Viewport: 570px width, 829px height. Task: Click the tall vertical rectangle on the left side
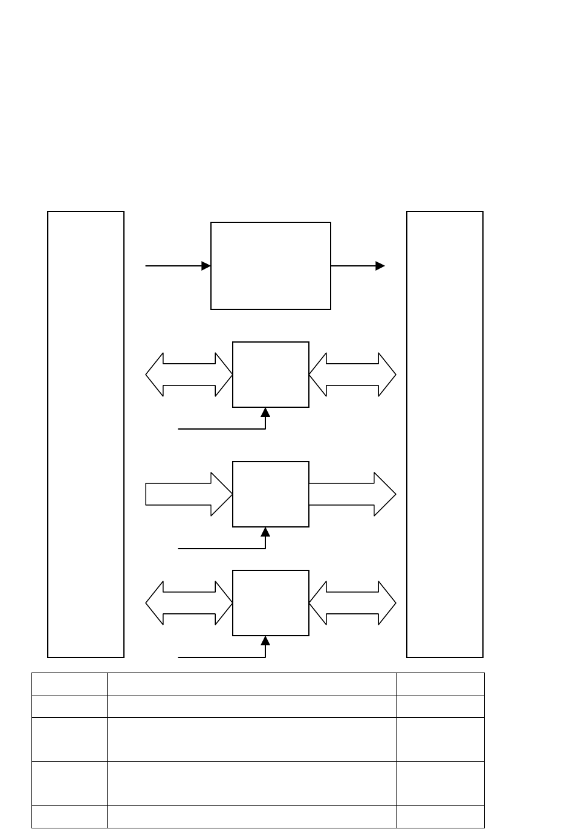click(x=86, y=434)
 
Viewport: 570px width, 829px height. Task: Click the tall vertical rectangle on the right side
click(x=445, y=434)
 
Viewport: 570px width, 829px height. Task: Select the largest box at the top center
click(x=271, y=266)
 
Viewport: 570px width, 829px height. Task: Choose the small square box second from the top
click(x=271, y=375)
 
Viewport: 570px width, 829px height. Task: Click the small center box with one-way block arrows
click(x=271, y=494)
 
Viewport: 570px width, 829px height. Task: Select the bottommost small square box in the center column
click(x=271, y=603)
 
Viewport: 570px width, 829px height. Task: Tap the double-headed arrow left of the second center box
click(x=189, y=375)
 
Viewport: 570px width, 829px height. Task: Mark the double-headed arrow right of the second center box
click(x=352, y=375)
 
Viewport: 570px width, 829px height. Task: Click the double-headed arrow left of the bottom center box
click(x=189, y=603)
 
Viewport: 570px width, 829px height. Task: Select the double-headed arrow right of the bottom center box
click(x=352, y=603)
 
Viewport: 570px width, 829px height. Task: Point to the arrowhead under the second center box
click(x=265, y=413)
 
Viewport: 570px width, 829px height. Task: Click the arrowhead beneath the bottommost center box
click(x=265, y=641)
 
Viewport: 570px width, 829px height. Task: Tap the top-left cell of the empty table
click(x=70, y=684)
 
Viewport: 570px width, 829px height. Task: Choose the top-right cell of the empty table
click(x=440, y=684)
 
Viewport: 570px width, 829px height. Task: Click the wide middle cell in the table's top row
click(x=251, y=684)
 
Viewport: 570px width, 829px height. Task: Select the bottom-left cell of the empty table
click(x=70, y=816)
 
